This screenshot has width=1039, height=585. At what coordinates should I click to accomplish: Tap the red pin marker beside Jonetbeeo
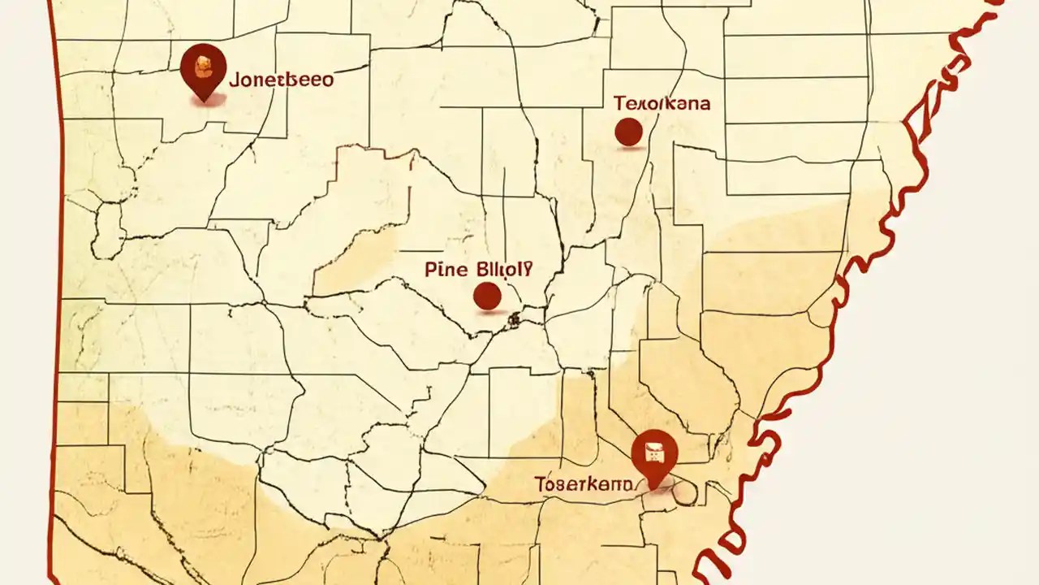tap(203, 69)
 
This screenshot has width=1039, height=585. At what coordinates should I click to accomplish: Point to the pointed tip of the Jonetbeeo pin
tap(203, 100)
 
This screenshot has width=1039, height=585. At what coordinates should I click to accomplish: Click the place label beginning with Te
tap(662, 103)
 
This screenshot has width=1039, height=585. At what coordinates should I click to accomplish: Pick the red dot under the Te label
tap(628, 132)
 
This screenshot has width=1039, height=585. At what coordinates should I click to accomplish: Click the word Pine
tap(446, 270)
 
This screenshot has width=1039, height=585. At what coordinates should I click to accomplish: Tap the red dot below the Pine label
tap(487, 296)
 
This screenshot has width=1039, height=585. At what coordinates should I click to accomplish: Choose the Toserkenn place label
tap(583, 484)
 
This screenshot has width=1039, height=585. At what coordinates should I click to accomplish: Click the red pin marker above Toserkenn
tap(653, 455)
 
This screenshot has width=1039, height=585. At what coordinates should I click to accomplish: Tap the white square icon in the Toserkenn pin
tap(653, 448)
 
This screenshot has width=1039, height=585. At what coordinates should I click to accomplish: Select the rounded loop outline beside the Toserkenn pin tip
tap(684, 490)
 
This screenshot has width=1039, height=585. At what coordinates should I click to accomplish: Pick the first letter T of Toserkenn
tap(540, 484)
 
